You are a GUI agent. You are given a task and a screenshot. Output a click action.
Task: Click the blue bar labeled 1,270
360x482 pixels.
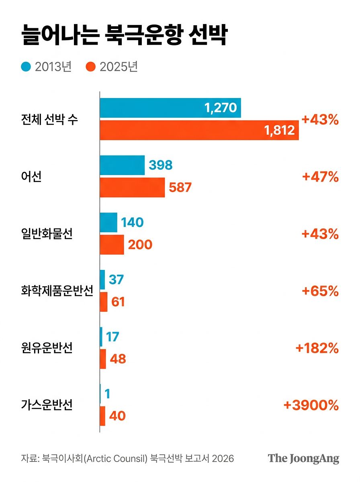(x=170, y=108)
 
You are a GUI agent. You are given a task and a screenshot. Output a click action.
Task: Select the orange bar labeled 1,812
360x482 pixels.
(x=199, y=130)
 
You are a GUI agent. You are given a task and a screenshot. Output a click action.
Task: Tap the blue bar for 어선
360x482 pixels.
(x=122, y=165)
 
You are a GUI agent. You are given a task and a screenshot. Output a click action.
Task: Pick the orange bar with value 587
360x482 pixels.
(x=132, y=187)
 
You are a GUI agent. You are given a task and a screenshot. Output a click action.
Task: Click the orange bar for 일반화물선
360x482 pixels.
(x=112, y=245)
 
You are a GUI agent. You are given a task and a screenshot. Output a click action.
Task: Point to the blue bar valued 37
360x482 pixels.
(x=102, y=280)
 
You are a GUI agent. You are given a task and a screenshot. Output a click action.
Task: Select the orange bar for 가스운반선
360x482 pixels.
(x=102, y=416)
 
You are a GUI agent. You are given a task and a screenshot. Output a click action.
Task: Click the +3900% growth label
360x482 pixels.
(x=311, y=405)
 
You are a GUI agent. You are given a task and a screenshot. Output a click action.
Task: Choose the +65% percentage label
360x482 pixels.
(x=320, y=291)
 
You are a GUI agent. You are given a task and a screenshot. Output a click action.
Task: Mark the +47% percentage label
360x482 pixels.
(x=320, y=177)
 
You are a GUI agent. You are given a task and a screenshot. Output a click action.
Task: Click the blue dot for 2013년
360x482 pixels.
(x=26, y=67)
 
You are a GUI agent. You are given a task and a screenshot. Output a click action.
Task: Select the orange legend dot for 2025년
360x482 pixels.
(x=90, y=67)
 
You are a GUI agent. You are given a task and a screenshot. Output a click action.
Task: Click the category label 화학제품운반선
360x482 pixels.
(x=57, y=290)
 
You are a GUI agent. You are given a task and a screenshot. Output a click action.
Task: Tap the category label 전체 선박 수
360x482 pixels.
(x=49, y=119)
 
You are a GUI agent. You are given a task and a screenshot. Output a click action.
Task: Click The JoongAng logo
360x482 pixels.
(x=303, y=459)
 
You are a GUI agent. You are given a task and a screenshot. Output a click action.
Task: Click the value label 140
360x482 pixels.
(x=132, y=222)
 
